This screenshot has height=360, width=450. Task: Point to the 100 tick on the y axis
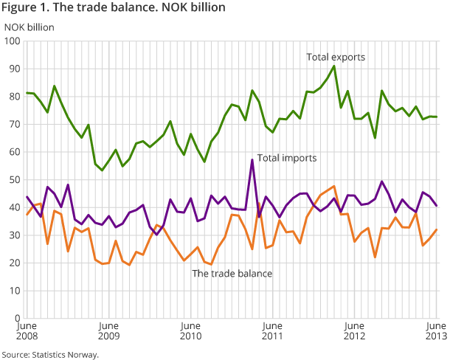pos(13,41)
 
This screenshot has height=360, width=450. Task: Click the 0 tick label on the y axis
pos(17,318)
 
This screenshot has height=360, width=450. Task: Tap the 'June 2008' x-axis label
pos(27,330)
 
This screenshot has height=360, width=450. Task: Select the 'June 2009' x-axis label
pos(108,330)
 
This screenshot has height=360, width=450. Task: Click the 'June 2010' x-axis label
pos(190,330)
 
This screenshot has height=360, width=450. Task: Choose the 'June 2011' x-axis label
pos(272,330)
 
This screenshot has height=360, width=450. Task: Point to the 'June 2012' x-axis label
pos(354,330)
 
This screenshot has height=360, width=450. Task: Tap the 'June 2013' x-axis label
pos(435,330)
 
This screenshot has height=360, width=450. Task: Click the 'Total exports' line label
pos(336,57)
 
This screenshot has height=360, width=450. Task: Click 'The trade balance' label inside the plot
pos(232,274)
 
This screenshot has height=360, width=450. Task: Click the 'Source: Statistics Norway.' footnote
pos(50,354)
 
